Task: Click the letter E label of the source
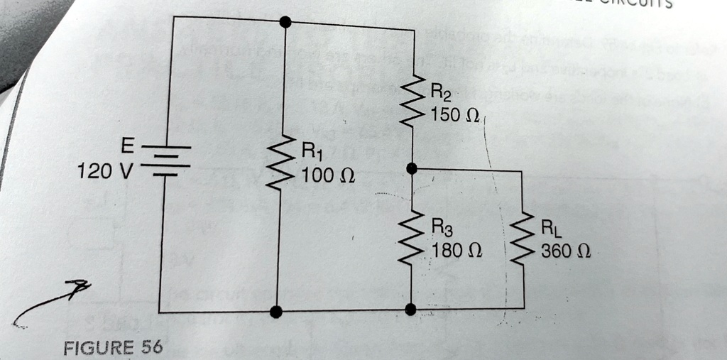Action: click(125, 146)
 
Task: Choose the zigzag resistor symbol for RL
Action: click(523, 240)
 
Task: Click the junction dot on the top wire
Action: click(285, 23)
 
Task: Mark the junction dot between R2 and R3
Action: click(412, 169)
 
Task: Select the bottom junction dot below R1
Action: click(276, 311)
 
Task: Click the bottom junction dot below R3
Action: click(410, 309)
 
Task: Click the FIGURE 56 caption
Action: click(112, 347)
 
